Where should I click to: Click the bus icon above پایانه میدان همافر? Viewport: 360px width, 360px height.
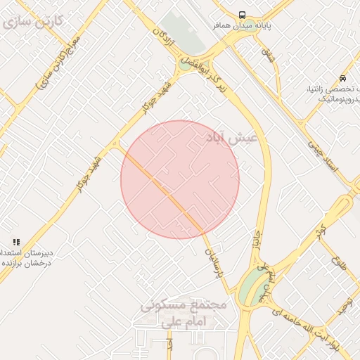242,14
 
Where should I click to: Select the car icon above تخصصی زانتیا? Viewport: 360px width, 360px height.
342,78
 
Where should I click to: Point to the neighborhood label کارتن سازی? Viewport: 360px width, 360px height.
33,20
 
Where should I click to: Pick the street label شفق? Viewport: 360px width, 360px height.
268,53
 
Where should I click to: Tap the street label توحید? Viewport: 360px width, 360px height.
345,306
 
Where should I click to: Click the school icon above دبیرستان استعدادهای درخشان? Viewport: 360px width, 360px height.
15,241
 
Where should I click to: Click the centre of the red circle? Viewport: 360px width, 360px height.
180,179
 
